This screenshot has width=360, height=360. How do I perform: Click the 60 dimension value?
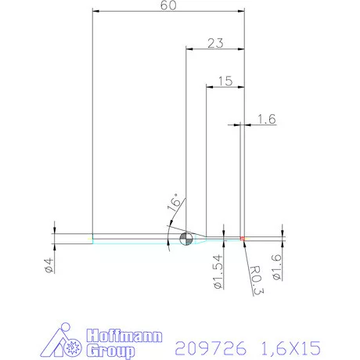pos(166,6)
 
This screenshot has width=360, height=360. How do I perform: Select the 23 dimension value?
pos(217,44)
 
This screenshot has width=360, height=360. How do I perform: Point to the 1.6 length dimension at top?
pos(266,119)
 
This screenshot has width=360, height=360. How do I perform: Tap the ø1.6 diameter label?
pos(276,267)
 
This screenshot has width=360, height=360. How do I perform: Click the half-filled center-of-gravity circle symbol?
pos(185,239)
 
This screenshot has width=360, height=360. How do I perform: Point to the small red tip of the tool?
pos(243,238)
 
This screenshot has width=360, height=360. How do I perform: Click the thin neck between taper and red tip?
pos(223,238)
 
